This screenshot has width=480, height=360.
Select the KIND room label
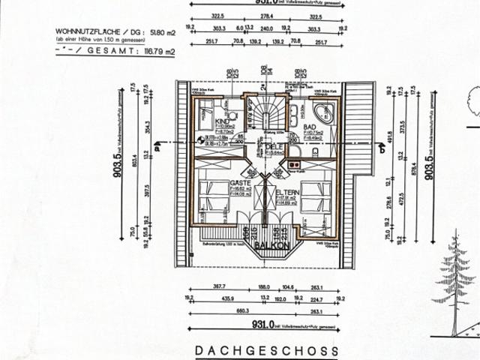(x=221, y=121)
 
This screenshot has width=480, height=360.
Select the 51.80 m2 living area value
(x=160, y=33)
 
